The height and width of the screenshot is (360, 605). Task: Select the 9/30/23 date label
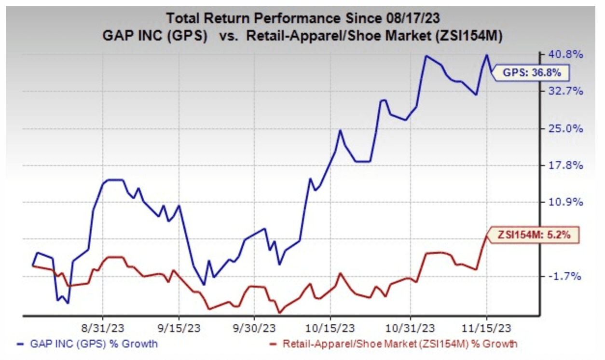click(x=254, y=328)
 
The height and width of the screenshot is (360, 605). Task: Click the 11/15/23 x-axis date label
click(x=487, y=328)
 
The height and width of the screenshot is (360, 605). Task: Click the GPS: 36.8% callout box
click(x=532, y=73)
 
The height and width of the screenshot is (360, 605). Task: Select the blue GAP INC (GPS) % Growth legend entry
click(x=87, y=344)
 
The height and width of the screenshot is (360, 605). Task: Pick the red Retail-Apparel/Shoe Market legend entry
click(x=393, y=344)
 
